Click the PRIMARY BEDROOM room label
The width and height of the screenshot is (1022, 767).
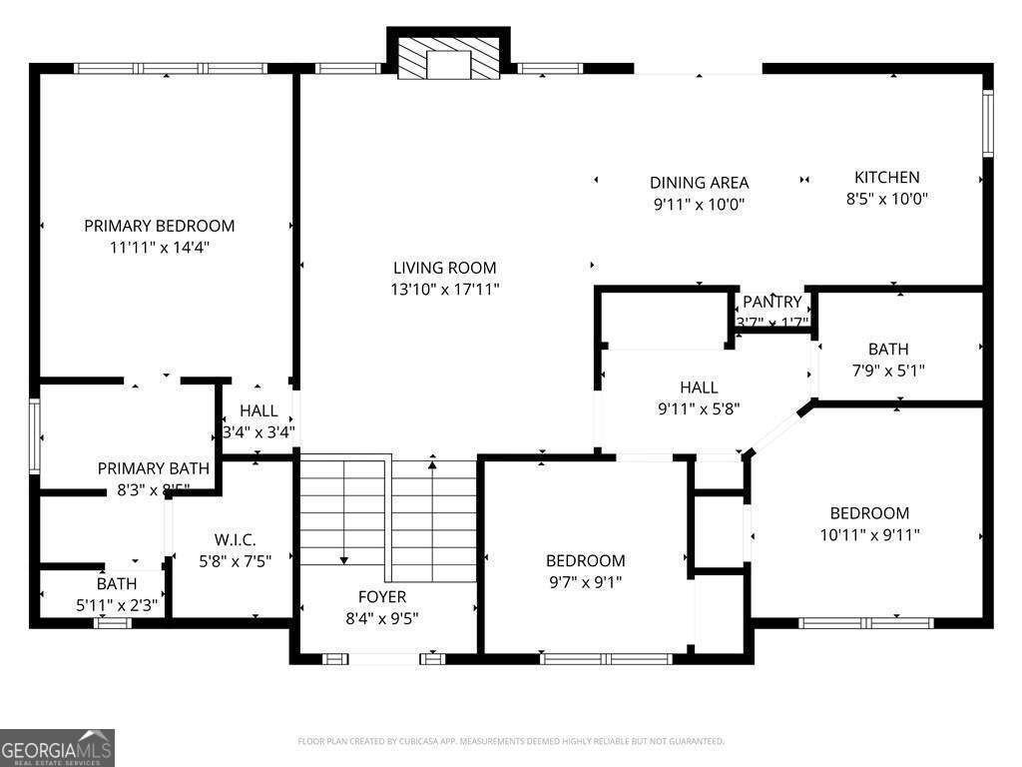click(159, 226)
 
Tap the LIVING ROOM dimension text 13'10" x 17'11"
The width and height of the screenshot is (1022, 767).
click(444, 289)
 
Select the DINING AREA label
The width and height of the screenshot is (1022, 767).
click(699, 183)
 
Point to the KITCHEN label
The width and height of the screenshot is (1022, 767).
click(886, 177)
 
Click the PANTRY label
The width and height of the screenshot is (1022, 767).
click(771, 302)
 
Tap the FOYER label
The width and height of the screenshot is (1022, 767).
click(382, 597)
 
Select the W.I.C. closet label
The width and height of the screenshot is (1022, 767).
click(236, 539)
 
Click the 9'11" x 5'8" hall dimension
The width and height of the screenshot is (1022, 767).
click(699, 407)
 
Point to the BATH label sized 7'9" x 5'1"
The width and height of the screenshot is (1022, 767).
click(887, 349)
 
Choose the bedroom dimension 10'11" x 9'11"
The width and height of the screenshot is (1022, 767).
click(869, 534)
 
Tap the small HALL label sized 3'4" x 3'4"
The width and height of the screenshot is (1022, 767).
click(258, 410)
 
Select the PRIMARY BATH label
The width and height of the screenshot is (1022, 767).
click(153, 468)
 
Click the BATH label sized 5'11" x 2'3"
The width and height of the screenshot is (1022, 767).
click(116, 583)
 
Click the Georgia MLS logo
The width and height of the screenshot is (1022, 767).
click(57, 747)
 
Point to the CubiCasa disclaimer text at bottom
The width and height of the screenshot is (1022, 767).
click(511, 741)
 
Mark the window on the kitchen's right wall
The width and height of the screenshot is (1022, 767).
click(987, 123)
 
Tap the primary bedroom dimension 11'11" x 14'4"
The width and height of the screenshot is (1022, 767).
click(159, 247)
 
